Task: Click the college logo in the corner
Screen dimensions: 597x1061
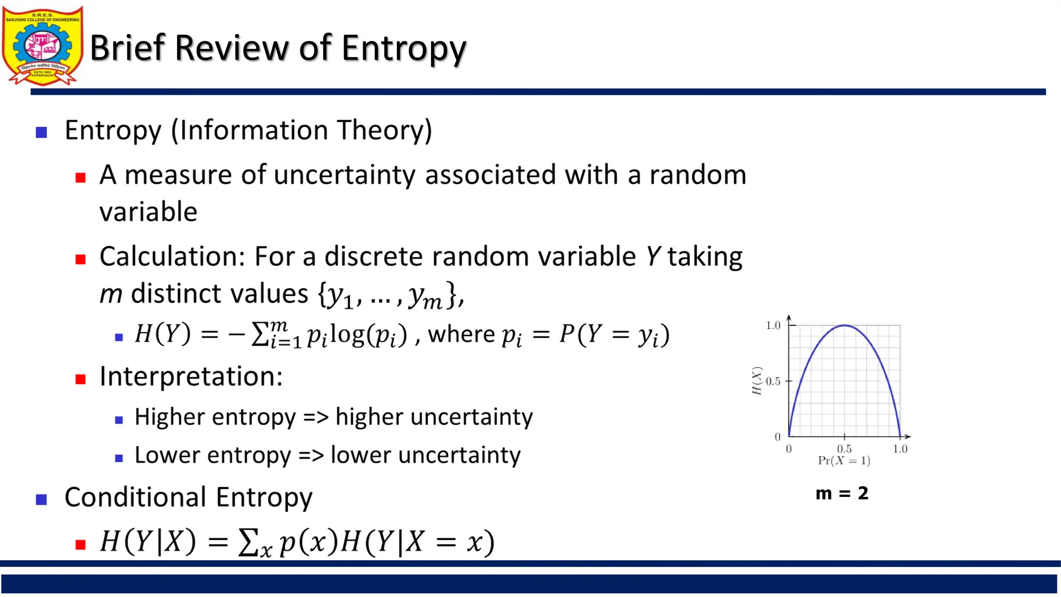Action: point(42,46)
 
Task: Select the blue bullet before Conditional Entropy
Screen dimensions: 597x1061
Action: point(41,500)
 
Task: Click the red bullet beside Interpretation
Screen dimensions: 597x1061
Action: point(80,379)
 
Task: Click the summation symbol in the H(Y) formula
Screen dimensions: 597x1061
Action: point(259,334)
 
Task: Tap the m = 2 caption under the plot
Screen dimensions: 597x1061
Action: point(842,493)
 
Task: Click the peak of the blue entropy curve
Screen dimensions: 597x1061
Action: point(844,325)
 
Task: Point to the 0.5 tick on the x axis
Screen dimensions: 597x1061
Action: point(844,448)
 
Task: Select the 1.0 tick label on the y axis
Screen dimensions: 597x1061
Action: point(773,325)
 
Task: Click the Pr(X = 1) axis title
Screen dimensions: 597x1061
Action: point(844,460)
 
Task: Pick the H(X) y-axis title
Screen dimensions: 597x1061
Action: point(757,381)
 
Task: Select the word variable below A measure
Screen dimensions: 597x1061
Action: point(148,212)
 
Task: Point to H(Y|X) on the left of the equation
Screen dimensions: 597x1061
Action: point(148,542)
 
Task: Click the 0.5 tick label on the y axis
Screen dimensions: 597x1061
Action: point(773,381)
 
